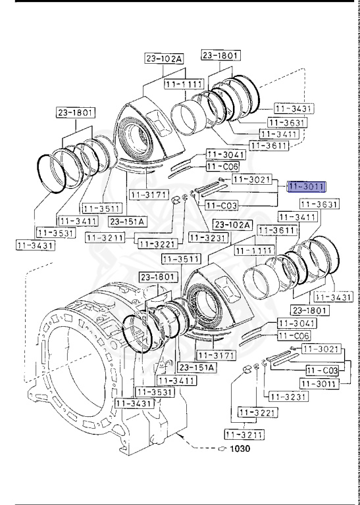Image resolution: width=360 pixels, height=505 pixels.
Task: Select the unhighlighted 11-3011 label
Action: tap(319, 383)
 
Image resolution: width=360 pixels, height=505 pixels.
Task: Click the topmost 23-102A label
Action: tap(164, 59)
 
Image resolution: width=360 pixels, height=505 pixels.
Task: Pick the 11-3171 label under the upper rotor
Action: tap(146, 195)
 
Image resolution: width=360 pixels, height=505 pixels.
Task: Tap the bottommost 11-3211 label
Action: tap(244, 434)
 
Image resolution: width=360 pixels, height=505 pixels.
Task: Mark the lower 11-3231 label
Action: tap(283, 397)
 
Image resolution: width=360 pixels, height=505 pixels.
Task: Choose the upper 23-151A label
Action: tap(127, 221)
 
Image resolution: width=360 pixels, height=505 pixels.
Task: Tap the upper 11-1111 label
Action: tap(183, 85)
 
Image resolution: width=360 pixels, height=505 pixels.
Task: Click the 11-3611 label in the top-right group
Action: tap(268, 145)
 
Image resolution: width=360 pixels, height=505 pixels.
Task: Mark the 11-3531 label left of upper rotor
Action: tap(55, 232)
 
